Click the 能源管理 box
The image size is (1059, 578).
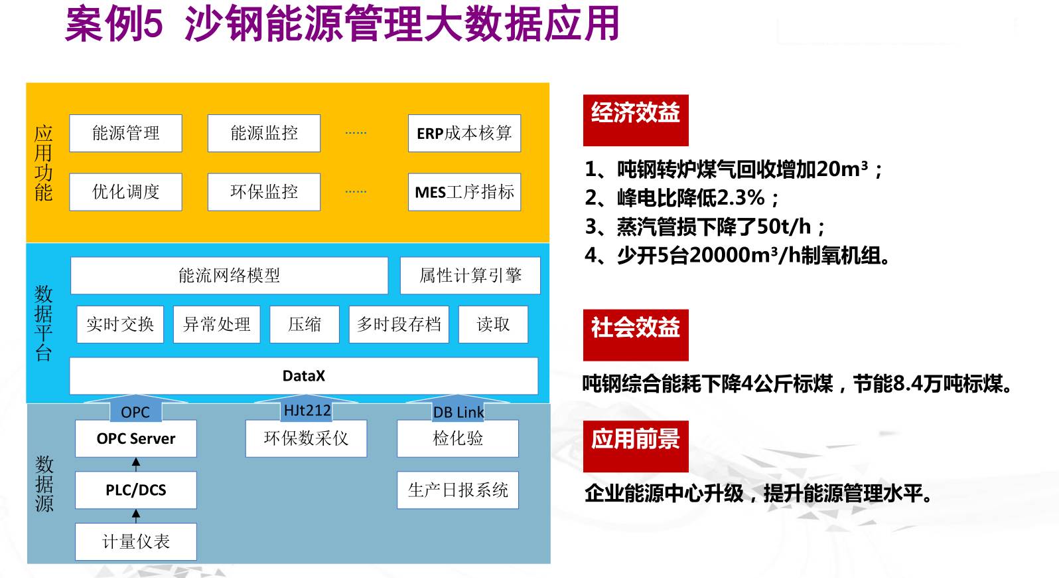tap(125, 133)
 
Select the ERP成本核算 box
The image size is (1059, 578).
tap(464, 133)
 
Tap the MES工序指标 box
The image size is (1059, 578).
tap(464, 192)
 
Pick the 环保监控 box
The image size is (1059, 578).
tap(263, 192)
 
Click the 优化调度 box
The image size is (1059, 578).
tap(125, 192)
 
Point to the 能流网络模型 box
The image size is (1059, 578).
tap(229, 275)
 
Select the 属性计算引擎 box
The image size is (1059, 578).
tap(470, 275)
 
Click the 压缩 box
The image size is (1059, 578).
tap(305, 324)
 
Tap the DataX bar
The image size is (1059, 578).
tap(303, 376)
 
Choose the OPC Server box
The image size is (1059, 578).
tap(135, 438)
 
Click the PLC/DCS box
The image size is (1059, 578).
tap(135, 490)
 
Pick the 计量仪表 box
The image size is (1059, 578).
tap(135, 541)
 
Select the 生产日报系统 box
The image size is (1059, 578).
tap(457, 490)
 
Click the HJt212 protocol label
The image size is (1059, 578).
tap(307, 411)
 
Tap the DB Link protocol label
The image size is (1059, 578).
tap(458, 412)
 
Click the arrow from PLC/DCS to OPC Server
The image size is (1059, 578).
tap(136, 464)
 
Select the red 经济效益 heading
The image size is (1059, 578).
tap(636, 120)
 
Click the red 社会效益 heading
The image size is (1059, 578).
tap(636, 334)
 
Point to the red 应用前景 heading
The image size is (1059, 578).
tap(636, 446)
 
